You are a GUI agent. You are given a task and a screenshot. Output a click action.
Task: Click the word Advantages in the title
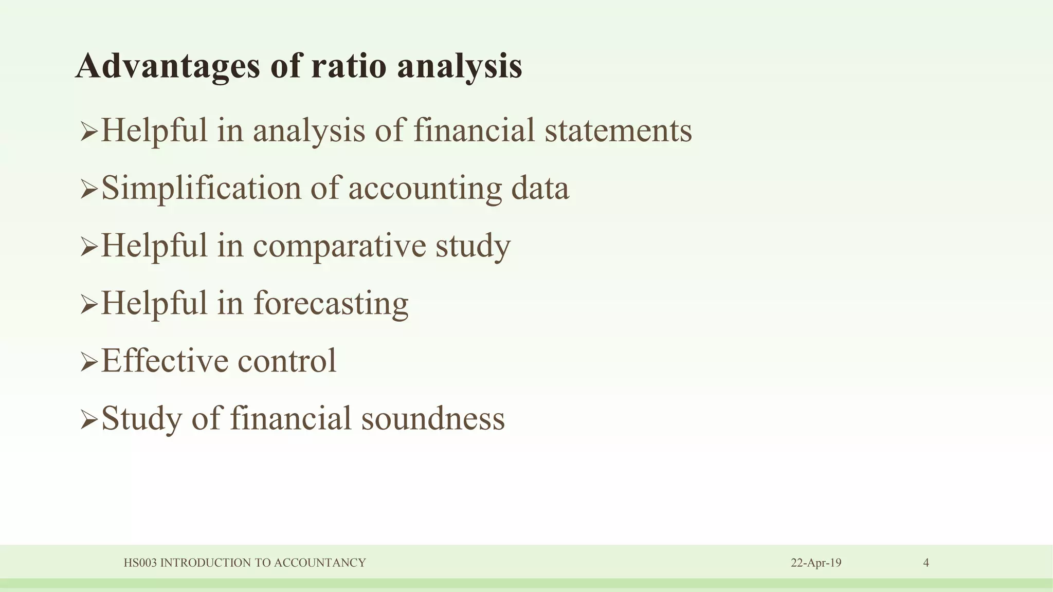[x=168, y=67]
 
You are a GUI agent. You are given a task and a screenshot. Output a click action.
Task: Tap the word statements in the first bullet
[x=618, y=131]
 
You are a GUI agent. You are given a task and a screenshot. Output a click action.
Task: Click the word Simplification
[x=201, y=188]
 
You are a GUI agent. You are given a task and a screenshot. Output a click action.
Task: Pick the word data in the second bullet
[x=540, y=188]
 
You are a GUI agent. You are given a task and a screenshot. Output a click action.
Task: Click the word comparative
[x=339, y=246]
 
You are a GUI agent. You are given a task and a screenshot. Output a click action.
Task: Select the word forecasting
[x=331, y=304]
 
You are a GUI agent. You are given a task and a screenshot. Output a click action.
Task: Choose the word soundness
[x=433, y=418]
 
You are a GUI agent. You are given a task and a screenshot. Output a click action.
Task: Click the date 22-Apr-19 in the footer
[x=816, y=563]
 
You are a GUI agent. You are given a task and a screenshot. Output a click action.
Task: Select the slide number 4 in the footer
[x=926, y=563]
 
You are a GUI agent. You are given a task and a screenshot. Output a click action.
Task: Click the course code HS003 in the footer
[x=140, y=563]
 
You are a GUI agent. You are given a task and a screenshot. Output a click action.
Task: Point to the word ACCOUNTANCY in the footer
[x=320, y=563]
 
